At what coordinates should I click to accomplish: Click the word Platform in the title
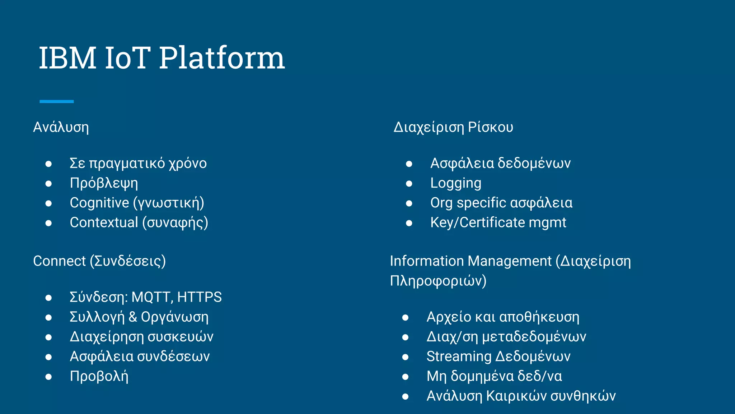tap(222, 58)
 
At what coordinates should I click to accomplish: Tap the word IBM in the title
tap(67, 58)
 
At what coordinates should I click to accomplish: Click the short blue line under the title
tap(56, 102)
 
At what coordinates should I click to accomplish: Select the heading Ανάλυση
tap(61, 128)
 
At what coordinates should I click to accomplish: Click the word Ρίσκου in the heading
tap(490, 128)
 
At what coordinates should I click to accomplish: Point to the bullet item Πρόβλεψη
tap(104, 183)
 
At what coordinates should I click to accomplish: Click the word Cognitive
tap(99, 203)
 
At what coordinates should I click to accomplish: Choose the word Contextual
tap(104, 223)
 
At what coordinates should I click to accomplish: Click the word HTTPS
tap(200, 298)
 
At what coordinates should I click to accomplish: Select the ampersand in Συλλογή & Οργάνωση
tap(132, 317)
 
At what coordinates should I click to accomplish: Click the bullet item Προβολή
tap(99, 376)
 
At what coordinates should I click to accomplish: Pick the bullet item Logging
tap(456, 183)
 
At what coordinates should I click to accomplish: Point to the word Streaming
tap(459, 357)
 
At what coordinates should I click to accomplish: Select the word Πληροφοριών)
tap(438, 281)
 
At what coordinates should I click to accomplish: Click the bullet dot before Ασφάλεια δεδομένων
tap(409, 164)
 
